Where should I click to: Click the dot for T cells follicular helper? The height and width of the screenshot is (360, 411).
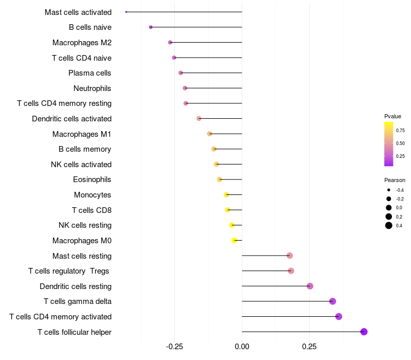pyautogui.click(x=364, y=332)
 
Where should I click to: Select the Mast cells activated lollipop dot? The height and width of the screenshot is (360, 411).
pyautogui.click(x=126, y=12)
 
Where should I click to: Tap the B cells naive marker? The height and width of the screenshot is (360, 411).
pyautogui.click(x=151, y=27)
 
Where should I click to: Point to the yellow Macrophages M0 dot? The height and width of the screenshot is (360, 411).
pyautogui.click(x=235, y=240)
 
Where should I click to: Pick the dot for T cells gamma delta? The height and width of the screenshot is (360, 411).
pyautogui.click(x=332, y=301)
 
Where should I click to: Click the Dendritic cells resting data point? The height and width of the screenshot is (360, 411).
pyautogui.click(x=310, y=286)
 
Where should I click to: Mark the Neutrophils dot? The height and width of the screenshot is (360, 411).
pyautogui.click(x=185, y=88)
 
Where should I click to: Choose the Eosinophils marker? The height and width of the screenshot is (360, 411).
pyautogui.click(x=219, y=179)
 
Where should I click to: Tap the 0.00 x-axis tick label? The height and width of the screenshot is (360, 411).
pyautogui.click(x=242, y=347)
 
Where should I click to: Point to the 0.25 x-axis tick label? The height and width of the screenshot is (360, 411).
pyautogui.click(x=309, y=347)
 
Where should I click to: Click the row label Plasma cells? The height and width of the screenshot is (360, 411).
pyautogui.click(x=90, y=73)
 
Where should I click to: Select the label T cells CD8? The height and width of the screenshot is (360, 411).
pyautogui.click(x=91, y=210)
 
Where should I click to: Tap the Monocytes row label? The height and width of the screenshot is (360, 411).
pyautogui.click(x=92, y=195)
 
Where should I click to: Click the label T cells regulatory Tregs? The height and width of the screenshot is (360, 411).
pyautogui.click(x=69, y=271)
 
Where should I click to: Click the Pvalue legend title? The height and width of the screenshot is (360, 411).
pyautogui.click(x=393, y=116)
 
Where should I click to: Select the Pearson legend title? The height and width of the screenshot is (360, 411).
pyautogui.click(x=395, y=181)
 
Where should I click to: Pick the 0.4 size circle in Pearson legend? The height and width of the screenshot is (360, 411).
pyautogui.click(x=389, y=225)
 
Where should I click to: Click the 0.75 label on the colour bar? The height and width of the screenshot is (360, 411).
pyautogui.click(x=400, y=131)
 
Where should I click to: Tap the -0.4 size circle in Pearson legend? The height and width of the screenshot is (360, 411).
pyautogui.click(x=389, y=190)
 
